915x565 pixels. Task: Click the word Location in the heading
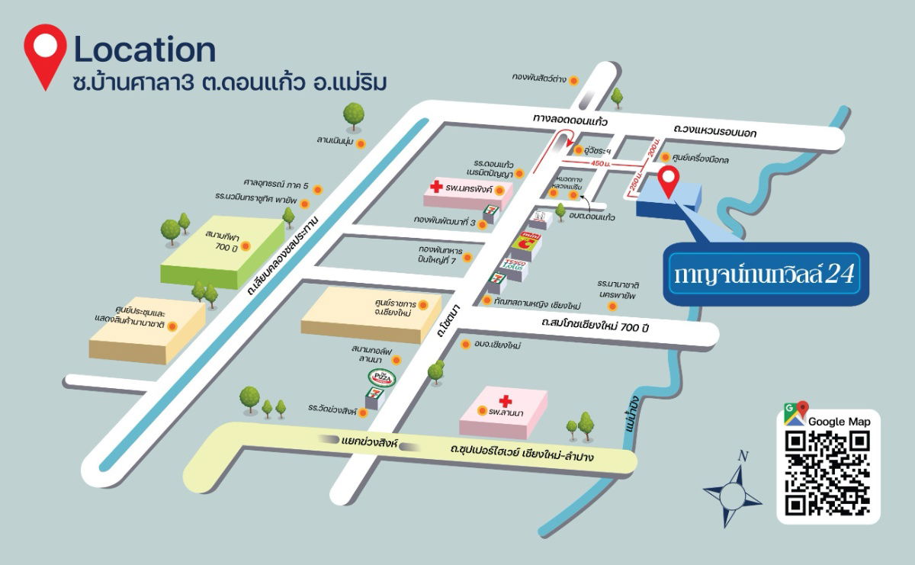[144, 50]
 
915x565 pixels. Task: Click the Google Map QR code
[828, 473]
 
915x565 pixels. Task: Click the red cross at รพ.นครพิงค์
[437, 187]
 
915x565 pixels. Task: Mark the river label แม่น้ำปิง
[630, 416]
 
